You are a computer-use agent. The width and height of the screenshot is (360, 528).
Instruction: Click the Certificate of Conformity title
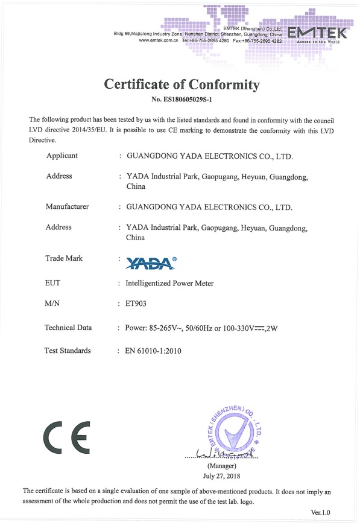[x=182, y=84]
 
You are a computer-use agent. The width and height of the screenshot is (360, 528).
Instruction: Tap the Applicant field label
[x=62, y=156]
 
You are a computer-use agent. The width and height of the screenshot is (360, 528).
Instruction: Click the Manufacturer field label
[x=67, y=206]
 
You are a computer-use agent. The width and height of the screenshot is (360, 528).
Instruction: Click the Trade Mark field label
[x=64, y=258]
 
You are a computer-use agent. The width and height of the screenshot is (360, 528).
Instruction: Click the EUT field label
[x=54, y=282]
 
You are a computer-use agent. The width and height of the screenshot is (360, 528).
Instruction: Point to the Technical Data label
[x=68, y=328]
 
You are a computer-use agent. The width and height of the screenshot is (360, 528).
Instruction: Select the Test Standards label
[x=68, y=350]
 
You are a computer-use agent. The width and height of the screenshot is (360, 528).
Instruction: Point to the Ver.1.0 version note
[x=320, y=512]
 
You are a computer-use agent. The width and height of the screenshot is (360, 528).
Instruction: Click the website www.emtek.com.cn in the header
[x=158, y=40]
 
